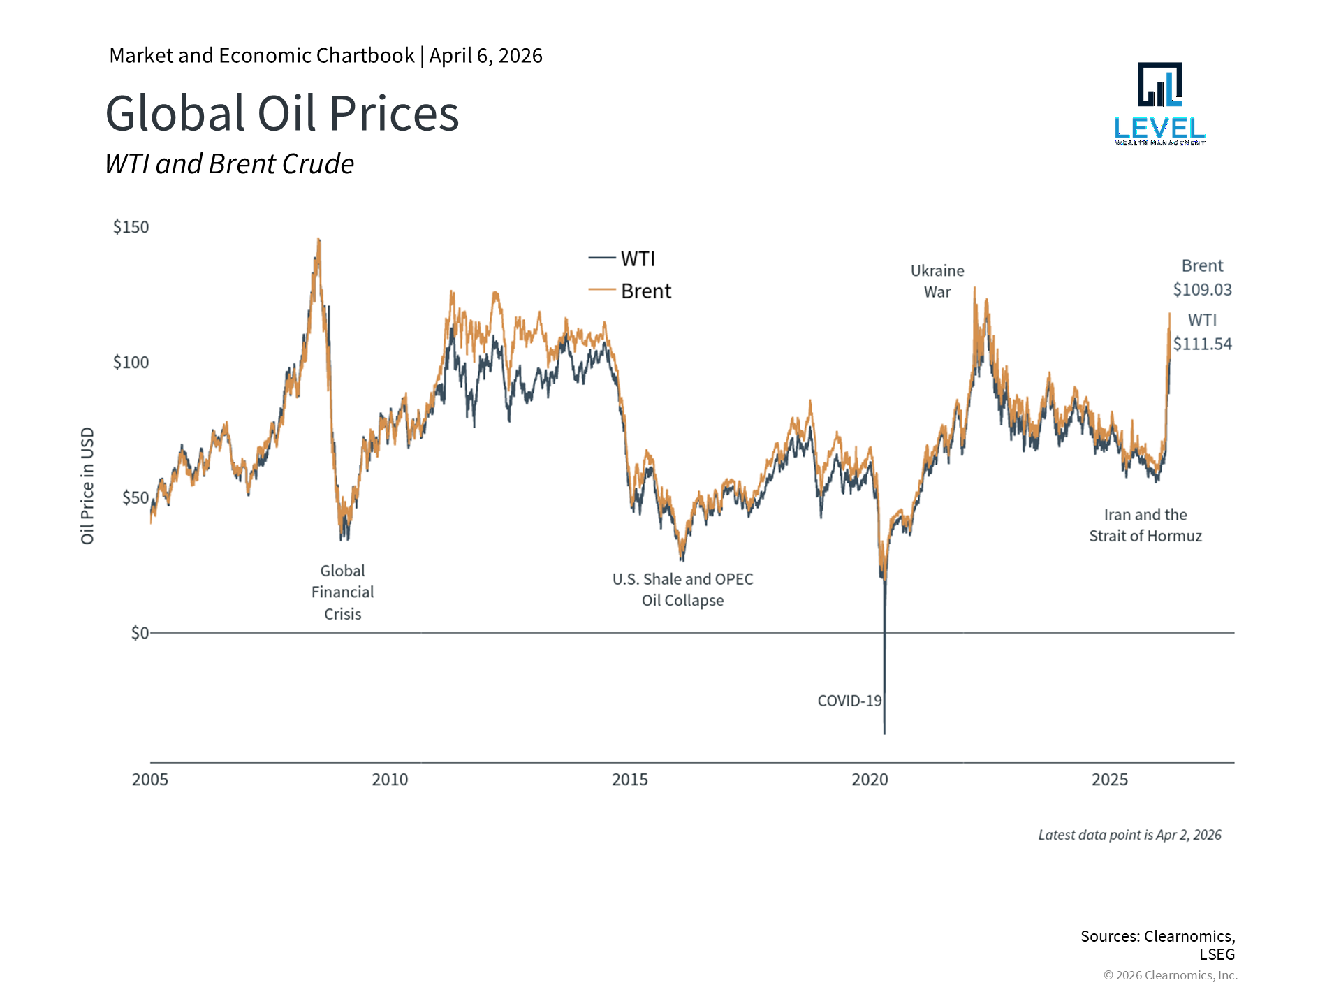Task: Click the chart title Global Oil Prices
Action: tap(282, 114)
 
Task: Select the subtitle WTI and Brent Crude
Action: tap(229, 164)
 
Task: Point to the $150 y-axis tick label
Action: tap(131, 227)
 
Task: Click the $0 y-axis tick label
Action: tap(140, 633)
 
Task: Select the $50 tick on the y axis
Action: tap(135, 497)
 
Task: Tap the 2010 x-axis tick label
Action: tap(390, 780)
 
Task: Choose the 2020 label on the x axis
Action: tap(870, 780)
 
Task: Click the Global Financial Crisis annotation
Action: tap(342, 592)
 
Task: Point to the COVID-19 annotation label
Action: tap(849, 701)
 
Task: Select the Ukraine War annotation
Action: tap(937, 281)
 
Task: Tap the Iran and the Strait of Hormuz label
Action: tap(1145, 525)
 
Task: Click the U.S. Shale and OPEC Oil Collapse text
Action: tap(682, 590)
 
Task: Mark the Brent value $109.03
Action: tap(1202, 289)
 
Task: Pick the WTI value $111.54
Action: tap(1202, 344)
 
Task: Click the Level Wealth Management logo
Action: tap(1160, 104)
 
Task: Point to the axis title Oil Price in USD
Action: tap(87, 486)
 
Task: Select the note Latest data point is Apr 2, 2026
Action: tap(1129, 835)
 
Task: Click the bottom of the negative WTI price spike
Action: tap(884, 732)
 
